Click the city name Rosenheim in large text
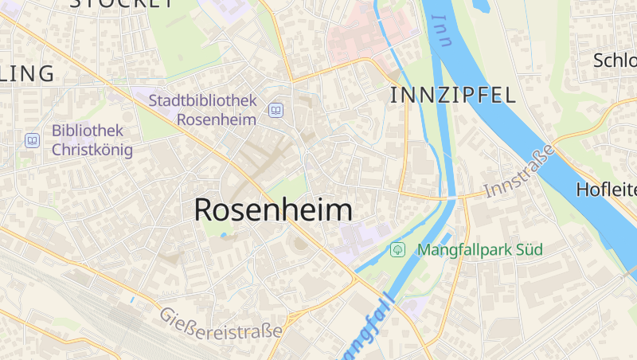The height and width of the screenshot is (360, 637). coord(273,209)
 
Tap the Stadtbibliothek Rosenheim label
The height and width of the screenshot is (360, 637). coord(204,110)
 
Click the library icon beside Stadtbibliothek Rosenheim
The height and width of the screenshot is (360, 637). coord(276,111)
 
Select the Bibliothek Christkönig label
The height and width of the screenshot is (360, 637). coord(92,139)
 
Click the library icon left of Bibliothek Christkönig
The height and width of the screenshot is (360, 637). coord(32,140)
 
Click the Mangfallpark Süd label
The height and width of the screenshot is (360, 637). coord(479,250)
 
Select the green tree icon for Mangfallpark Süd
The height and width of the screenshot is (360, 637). coord(397,250)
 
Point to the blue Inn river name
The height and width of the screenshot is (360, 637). coord(441,32)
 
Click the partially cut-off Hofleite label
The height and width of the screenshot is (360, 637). coord(606,190)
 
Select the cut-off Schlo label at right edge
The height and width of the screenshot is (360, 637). coord(615,61)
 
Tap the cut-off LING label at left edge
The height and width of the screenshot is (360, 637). coord(27,74)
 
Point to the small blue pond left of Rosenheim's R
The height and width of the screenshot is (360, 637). coord(223,234)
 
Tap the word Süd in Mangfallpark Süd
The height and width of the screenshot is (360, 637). coord(529,250)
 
